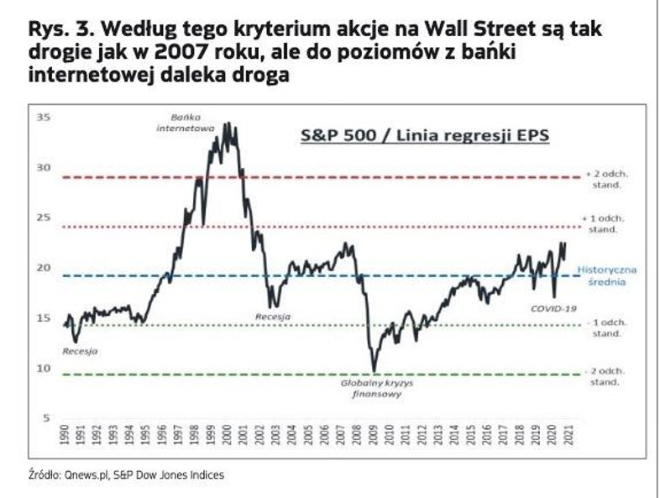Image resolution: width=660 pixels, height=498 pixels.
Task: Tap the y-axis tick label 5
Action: tap(45, 418)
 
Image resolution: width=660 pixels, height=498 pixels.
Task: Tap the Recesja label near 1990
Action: tap(80, 351)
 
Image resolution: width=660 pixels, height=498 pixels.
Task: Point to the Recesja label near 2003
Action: tap(273, 317)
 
